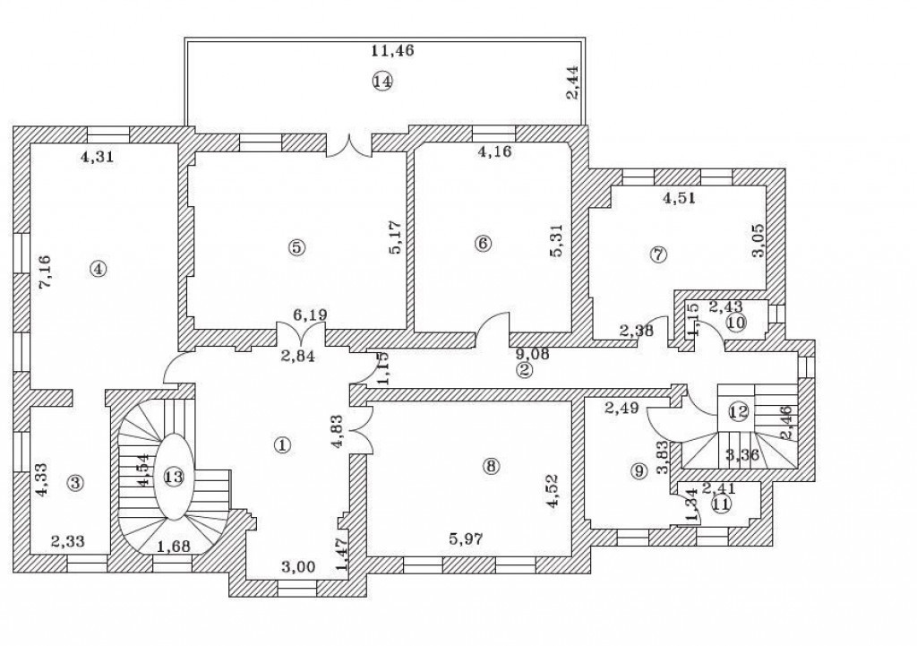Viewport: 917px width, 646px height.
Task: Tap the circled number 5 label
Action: click(x=297, y=248)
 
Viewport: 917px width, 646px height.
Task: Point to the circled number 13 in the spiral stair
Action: click(x=174, y=477)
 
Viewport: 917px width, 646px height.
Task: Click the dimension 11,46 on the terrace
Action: click(x=392, y=50)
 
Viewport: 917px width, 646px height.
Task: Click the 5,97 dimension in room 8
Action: click(x=467, y=538)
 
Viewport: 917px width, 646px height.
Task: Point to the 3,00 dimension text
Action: click(x=298, y=566)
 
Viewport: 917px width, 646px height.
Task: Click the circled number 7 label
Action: click(x=658, y=254)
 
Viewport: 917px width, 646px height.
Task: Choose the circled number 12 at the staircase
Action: click(x=738, y=413)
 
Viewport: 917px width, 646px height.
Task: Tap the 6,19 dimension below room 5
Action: click(x=310, y=314)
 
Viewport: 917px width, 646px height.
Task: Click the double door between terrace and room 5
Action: click(x=349, y=144)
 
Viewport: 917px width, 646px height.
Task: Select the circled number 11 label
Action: click(x=721, y=504)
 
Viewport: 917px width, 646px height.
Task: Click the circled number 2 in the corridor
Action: click(x=524, y=368)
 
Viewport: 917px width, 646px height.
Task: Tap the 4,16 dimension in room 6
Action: click(x=495, y=151)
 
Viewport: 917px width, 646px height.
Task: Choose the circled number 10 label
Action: click(x=735, y=323)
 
